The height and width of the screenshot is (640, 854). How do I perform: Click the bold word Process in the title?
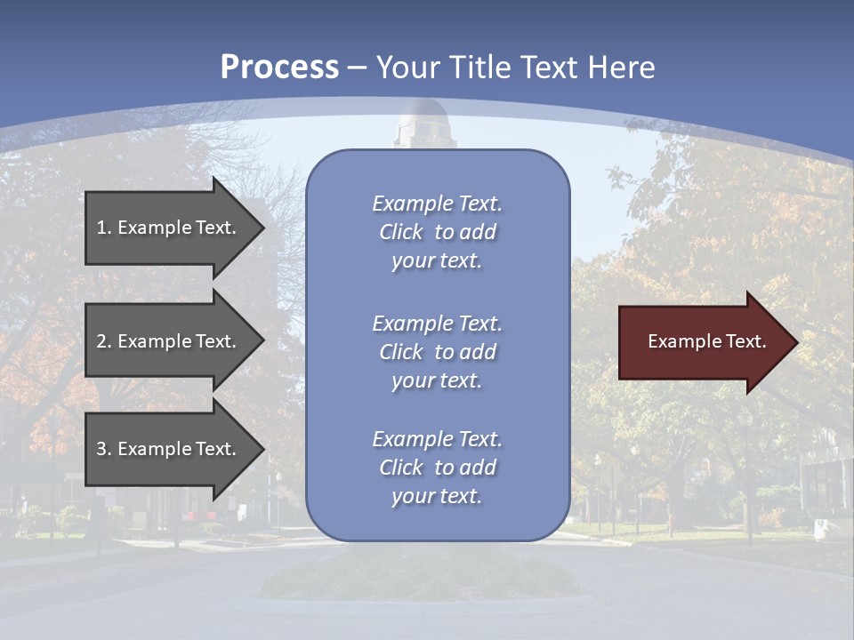pos(279,68)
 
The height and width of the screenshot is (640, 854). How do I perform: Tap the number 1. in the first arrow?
pos(104,228)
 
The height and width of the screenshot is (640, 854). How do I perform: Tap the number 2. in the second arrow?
pos(104,341)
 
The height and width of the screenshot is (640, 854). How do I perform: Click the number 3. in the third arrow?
pos(104,449)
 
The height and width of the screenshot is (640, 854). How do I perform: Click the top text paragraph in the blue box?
pos(437,232)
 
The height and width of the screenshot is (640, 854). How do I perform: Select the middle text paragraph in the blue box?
pos(437,352)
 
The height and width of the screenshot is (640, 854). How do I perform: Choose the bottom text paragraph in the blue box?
pos(437,468)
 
